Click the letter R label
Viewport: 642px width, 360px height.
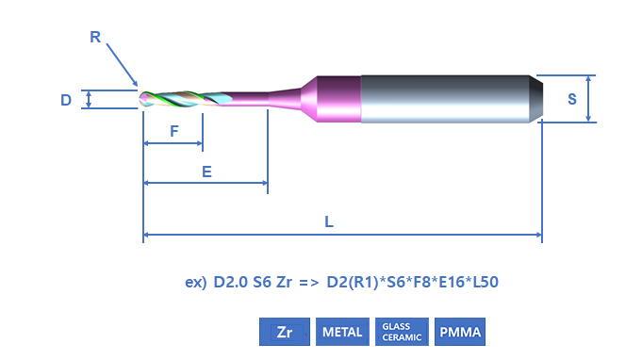click(x=95, y=38)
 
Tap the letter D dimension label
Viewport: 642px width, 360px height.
click(x=66, y=100)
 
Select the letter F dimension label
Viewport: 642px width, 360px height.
click(x=174, y=131)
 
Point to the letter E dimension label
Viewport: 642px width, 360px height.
click(x=206, y=172)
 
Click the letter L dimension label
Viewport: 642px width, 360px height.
click(x=329, y=222)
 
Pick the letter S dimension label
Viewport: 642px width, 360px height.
click(x=572, y=99)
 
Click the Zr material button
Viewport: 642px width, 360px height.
click(x=285, y=332)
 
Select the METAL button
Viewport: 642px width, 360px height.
click(x=342, y=332)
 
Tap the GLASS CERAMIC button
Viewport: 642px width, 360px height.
click(x=402, y=332)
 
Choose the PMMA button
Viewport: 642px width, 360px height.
click(x=460, y=332)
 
